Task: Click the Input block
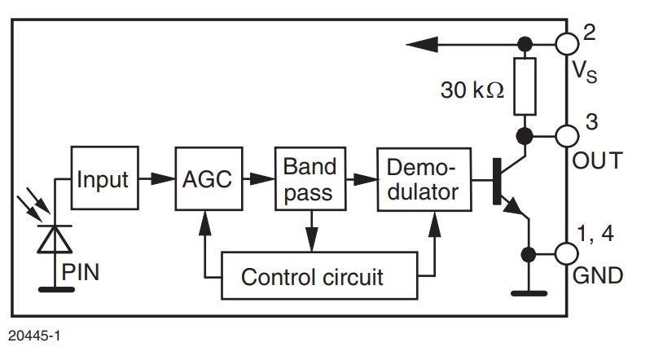103,178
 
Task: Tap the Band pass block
310,179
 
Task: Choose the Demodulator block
424,179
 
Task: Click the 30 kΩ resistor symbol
526,86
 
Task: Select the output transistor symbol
509,182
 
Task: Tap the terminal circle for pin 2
567,43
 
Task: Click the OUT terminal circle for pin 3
567,134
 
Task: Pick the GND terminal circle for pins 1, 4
567,253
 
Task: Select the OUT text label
599,160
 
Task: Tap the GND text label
599,275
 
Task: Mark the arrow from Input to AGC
155,178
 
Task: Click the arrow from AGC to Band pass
258,178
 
